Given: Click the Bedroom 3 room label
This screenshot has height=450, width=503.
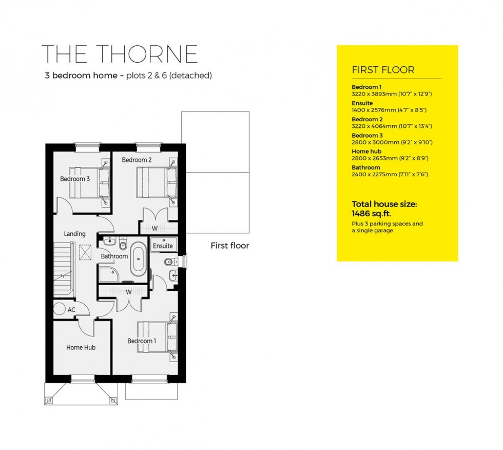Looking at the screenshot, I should click(x=75, y=179).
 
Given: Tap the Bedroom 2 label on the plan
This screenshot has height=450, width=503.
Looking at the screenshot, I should click(x=137, y=160).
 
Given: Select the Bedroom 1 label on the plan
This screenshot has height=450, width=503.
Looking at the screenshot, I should click(x=142, y=341).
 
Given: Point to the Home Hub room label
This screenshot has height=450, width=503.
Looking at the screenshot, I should click(x=81, y=348).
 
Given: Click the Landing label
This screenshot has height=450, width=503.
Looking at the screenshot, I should click(x=74, y=234).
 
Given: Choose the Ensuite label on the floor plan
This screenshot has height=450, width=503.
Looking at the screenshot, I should click(x=163, y=246).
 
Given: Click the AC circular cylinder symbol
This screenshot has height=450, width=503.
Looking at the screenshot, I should click(x=61, y=310).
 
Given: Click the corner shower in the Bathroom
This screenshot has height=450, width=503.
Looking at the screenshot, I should click(x=109, y=274).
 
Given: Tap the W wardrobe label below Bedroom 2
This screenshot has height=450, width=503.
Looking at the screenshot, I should click(x=154, y=228).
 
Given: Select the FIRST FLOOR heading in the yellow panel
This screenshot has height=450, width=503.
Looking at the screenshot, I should click(x=383, y=70).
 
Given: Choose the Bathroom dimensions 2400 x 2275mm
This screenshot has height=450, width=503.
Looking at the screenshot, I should click(x=390, y=174).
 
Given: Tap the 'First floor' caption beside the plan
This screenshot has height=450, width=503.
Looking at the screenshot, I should click(x=230, y=246).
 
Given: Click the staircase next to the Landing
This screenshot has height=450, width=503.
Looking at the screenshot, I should click(x=65, y=272).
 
